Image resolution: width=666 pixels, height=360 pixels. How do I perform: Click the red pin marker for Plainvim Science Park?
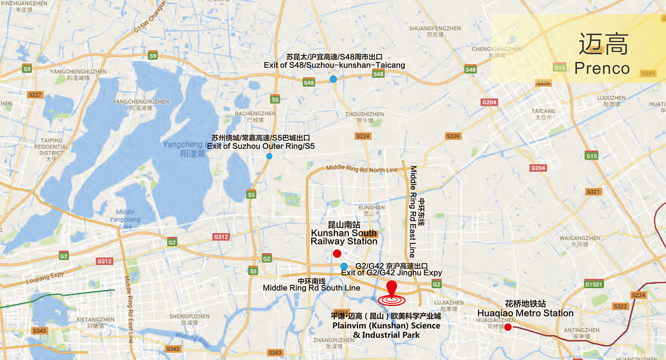391,287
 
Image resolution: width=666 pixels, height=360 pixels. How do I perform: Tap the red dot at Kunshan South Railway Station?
337,253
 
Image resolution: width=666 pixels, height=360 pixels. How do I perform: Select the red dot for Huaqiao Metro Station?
508,327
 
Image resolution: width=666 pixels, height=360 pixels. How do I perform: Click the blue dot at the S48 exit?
333,79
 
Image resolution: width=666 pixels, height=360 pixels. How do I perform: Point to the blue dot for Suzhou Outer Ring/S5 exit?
269,156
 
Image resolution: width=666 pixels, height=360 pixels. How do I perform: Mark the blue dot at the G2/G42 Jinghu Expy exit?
344,266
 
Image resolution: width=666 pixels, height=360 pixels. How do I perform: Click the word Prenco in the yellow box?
602,68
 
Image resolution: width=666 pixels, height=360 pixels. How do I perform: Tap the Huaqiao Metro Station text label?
525,313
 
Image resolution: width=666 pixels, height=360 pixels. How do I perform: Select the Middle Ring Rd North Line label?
362,169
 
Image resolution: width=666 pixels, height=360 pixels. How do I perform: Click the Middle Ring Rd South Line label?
311,288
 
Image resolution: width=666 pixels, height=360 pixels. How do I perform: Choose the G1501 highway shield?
594,284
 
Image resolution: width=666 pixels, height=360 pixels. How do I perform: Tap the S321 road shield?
594,192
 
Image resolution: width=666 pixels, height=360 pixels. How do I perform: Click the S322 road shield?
620,306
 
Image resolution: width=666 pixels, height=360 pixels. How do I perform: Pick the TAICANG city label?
543,111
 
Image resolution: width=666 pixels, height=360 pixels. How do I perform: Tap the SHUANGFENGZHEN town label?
435,28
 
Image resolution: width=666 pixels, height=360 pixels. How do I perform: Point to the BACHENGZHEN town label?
255,114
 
